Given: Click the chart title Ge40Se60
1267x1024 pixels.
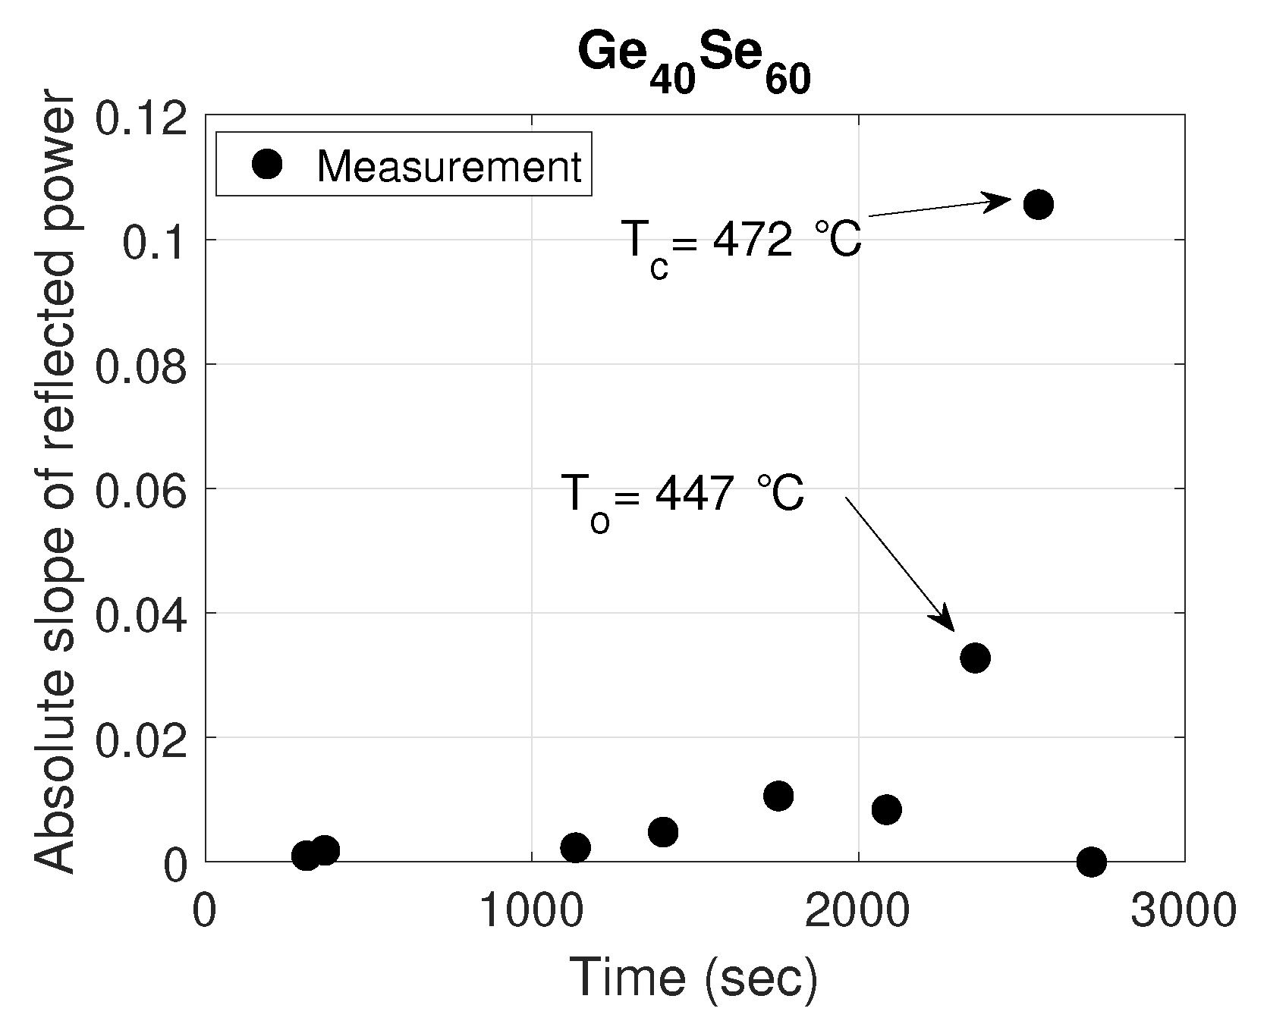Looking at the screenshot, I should tap(693, 64).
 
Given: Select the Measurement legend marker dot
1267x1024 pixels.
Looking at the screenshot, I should tap(268, 164).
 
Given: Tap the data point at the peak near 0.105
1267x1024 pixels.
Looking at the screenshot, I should tap(1038, 204).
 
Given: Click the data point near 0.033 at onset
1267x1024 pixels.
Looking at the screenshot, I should tap(975, 658).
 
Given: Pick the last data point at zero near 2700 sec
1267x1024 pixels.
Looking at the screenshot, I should tap(1091, 861).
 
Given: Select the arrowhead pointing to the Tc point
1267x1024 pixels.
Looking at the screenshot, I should tap(1000, 201).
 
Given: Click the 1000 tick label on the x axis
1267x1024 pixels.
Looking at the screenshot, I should tap(531, 911).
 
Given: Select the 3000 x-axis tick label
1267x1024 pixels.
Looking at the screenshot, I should tap(1184, 911).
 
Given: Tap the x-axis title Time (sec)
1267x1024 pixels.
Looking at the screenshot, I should tap(693, 977).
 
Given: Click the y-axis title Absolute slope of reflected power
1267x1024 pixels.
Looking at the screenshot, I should tap(55, 485).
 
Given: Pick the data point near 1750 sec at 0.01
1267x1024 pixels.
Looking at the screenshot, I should tap(778, 796).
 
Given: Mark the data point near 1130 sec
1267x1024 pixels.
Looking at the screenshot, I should tap(576, 847).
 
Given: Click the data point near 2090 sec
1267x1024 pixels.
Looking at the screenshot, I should tap(886, 809).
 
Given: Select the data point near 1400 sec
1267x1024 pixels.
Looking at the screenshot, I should tap(663, 832).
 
